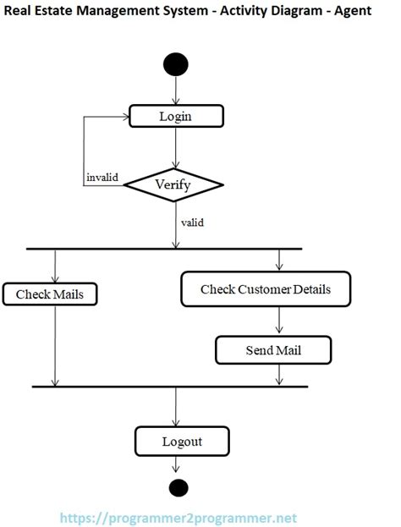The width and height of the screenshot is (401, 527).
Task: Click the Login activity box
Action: (x=175, y=116)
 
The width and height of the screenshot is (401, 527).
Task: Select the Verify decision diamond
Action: (x=174, y=184)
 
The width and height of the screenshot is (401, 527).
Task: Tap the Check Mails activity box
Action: (x=50, y=294)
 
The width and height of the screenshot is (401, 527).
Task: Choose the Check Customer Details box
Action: (x=265, y=289)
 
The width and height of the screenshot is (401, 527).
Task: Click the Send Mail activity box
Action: (x=273, y=349)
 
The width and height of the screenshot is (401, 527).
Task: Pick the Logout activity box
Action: (x=182, y=441)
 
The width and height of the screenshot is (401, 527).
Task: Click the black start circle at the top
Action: (x=175, y=64)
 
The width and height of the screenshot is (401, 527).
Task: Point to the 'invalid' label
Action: (x=102, y=178)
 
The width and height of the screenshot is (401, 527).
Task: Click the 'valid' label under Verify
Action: (x=192, y=223)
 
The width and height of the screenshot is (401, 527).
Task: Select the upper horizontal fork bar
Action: (x=164, y=249)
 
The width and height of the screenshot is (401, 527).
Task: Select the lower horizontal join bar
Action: (x=169, y=386)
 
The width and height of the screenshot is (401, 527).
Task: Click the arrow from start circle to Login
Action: (x=175, y=91)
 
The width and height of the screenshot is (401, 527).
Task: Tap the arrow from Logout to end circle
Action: (x=176, y=465)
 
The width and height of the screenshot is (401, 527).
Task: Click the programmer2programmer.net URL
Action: (x=178, y=517)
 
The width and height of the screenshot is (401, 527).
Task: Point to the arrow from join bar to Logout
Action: (x=175, y=406)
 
